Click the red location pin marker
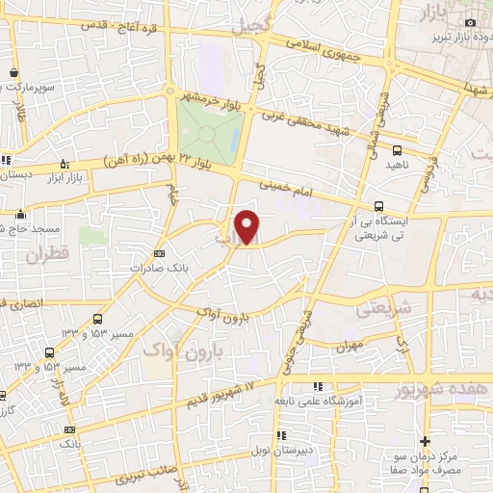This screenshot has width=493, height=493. coord(248,226)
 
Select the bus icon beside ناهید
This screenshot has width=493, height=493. coord(397,149)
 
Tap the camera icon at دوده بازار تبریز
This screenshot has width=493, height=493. coord(470,22)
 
